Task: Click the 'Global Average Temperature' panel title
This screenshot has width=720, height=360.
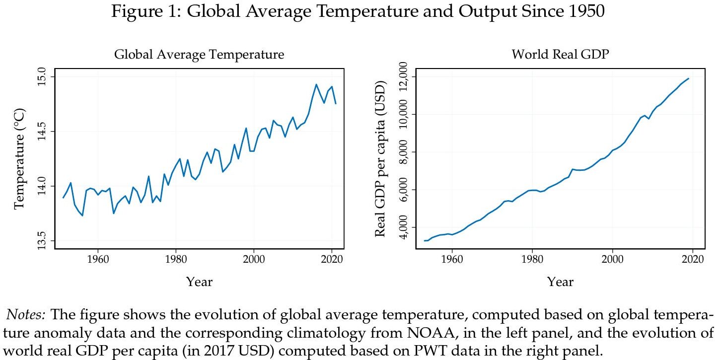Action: (199, 55)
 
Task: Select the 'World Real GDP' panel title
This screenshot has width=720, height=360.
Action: (560, 55)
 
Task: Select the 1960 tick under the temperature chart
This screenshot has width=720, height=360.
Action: (98, 260)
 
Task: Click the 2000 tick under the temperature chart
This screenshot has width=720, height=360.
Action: (254, 260)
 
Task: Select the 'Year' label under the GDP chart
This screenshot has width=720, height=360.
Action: (560, 282)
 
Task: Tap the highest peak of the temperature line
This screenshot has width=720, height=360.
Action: (316, 84)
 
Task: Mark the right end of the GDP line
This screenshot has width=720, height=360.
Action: (688, 78)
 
